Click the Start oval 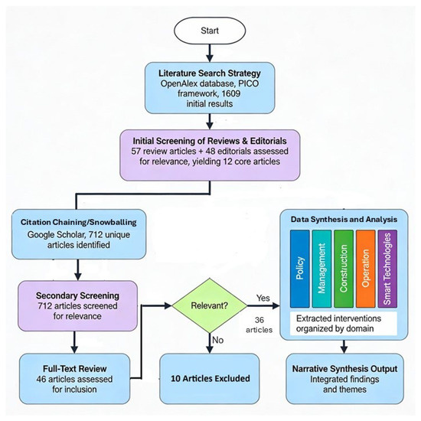pos(210,31)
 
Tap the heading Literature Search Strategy pos(210,73)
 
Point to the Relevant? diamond pos(210,305)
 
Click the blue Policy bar pos(300,269)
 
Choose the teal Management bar pos(321,269)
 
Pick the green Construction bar pos(344,269)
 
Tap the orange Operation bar pos(366,269)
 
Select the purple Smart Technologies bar pos(387,269)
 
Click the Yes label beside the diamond pos(263,298)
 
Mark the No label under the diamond pos(217,340)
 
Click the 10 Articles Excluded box pos(210,379)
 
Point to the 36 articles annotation pos(259,325)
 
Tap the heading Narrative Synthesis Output pos(344,369)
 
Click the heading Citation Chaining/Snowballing pos(79,222)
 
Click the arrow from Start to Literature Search pos(210,53)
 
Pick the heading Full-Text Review pos(75,369)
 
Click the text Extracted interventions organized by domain pos(338,324)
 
